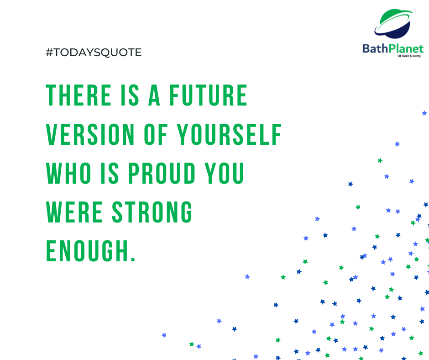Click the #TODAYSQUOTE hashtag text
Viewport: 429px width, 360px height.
[94, 53]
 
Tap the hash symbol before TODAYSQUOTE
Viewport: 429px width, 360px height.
[49, 53]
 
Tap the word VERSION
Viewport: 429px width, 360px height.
[90, 134]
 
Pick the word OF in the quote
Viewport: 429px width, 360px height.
[156, 134]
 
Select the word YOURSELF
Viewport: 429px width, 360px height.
[229, 134]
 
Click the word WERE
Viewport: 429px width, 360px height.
[74, 212]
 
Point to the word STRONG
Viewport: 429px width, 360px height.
[152, 212]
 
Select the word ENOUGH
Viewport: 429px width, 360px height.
[87, 251]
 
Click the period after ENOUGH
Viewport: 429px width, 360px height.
[133, 259]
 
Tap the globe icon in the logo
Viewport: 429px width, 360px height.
[394, 24]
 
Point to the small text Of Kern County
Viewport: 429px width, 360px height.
[409, 56]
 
